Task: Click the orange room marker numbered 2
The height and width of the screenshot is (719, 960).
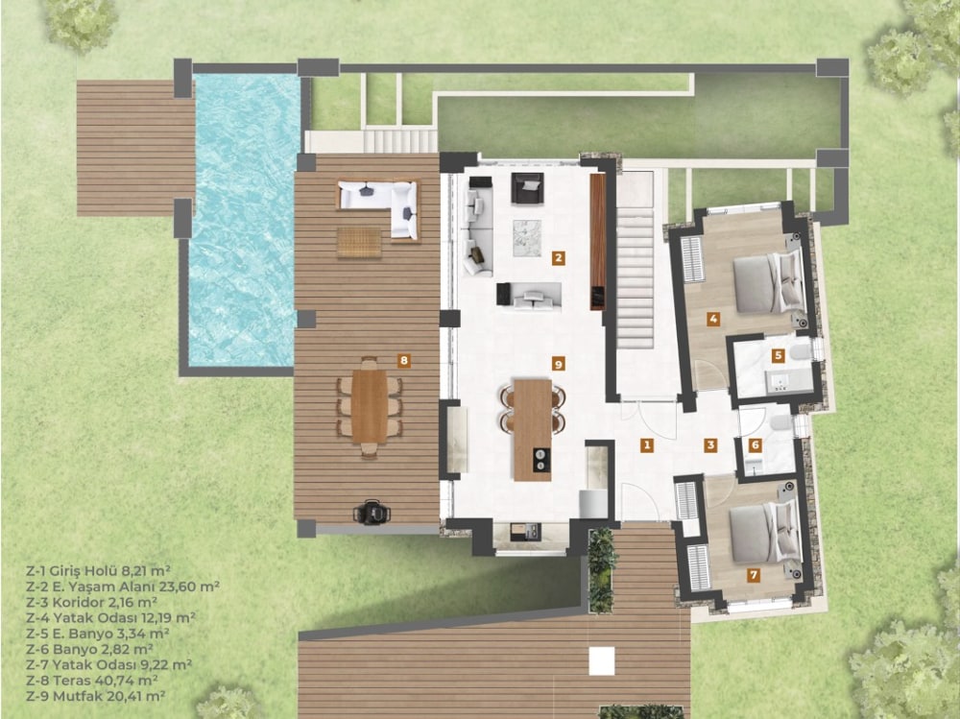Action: click(x=557, y=257)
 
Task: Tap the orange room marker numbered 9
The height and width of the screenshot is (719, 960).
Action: click(x=557, y=363)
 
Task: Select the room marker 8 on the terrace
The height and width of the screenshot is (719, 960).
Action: click(x=404, y=360)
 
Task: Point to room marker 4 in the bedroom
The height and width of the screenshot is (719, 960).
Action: click(x=713, y=317)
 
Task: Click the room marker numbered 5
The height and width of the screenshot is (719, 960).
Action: click(x=778, y=354)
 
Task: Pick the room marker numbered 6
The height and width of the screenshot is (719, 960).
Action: click(x=755, y=444)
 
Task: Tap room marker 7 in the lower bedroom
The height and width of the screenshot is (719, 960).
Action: click(x=754, y=575)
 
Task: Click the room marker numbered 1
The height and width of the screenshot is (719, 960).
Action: click(x=647, y=444)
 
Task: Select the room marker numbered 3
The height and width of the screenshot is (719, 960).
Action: click(x=710, y=444)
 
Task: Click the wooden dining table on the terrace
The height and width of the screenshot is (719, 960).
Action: click(x=370, y=406)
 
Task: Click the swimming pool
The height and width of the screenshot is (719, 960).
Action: click(x=243, y=221)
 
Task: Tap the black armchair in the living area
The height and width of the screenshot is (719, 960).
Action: click(x=526, y=188)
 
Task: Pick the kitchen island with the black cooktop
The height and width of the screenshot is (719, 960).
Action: click(x=533, y=429)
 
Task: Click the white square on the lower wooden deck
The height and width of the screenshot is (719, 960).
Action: click(x=602, y=659)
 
